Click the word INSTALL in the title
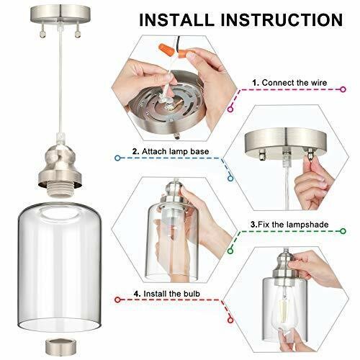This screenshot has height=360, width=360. point(176,19)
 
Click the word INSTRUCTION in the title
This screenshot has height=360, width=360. point(282,19)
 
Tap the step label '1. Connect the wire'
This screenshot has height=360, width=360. point(289,83)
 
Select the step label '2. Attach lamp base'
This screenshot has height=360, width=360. point(171,151)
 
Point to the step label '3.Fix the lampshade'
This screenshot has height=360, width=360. point(289,225)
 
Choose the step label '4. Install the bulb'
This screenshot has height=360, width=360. point(167,294)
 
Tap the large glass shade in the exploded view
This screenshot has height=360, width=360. point(59,266)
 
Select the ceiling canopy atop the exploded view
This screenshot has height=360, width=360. point(60,14)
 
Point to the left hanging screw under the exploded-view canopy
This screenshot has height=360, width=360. point(42,32)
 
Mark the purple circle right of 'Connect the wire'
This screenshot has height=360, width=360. point(343,89)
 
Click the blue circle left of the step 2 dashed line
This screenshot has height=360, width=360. point(117,158)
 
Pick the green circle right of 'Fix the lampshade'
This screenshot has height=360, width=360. point(343,231)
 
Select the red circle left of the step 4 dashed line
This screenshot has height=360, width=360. point(117,300)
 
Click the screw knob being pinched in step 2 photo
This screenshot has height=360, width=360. point(310,153)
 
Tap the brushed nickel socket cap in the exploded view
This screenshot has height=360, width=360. point(60,166)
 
